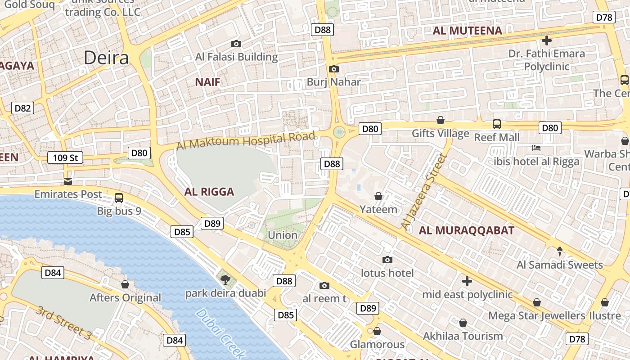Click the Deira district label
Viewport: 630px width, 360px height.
pyautogui.click(x=106, y=58)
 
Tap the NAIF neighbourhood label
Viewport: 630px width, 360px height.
pyautogui.click(x=207, y=82)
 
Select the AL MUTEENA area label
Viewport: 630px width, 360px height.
pyautogui.click(x=467, y=31)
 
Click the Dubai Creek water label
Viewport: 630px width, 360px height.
pyautogui.click(x=220, y=333)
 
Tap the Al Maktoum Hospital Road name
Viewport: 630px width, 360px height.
pyautogui.click(x=246, y=141)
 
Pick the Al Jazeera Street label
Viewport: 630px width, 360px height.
pyautogui.click(x=423, y=191)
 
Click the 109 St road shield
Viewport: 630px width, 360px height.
pyautogui.click(x=65, y=157)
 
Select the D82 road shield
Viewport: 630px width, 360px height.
pyautogui.click(x=22, y=108)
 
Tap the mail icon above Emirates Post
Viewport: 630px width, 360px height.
pyautogui.click(x=68, y=181)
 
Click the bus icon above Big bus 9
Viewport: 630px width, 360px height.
pyautogui.click(x=119, y=198)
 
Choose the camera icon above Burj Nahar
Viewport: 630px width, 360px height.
pyautogui.click(x=333, y=69)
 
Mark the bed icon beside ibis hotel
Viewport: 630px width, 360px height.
pyautogui.click(x=536, y=148)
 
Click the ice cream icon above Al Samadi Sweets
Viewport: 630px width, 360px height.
pyautogui.click(x=560, y=251)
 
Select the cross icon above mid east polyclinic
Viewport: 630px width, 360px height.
pyautogui.click(x=467, y=281)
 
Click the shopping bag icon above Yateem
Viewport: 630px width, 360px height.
pyautogui.click(x=378, y=196)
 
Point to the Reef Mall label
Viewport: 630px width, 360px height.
pyautogui.click(x=497, y=137)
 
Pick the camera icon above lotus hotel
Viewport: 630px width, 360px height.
pyautogui.click(x=387, y=260)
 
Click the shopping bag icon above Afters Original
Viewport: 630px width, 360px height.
pyautogui.click(x=125, y=284)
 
